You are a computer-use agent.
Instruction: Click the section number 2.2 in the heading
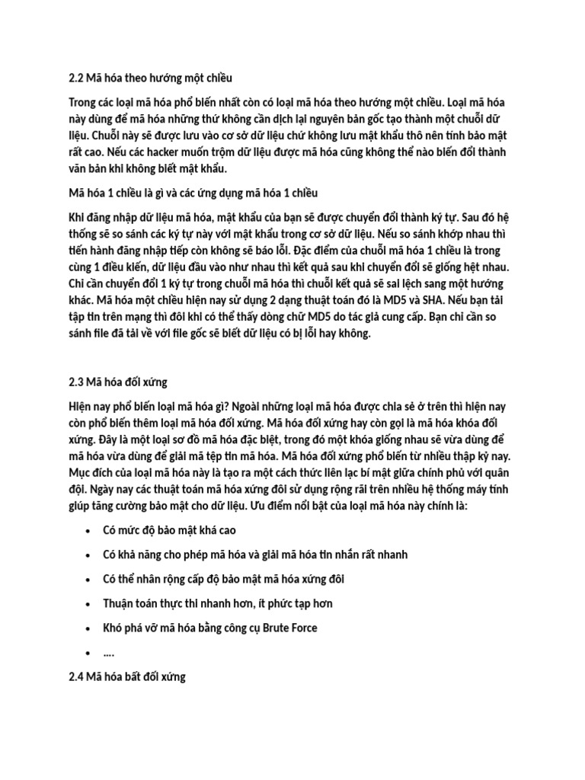pos(75,78)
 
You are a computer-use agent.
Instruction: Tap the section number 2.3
pos(75,381)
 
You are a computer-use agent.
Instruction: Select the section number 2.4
pos(75,676)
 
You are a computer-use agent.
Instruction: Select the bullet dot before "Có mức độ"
pos(89,531)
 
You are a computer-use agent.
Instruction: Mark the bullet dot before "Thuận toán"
pos(89,604)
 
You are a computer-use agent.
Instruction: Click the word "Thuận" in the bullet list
pos(120,603)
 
